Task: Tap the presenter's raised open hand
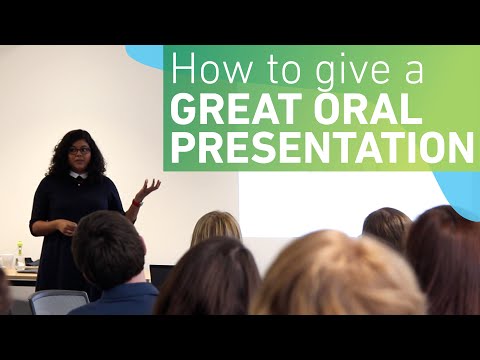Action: [148, 188]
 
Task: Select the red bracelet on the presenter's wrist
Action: [136, 203]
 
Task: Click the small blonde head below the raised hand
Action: [215, 227]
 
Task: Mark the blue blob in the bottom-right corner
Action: [461, 195]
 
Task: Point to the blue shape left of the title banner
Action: [147, 56]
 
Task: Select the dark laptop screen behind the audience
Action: [160, 276]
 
